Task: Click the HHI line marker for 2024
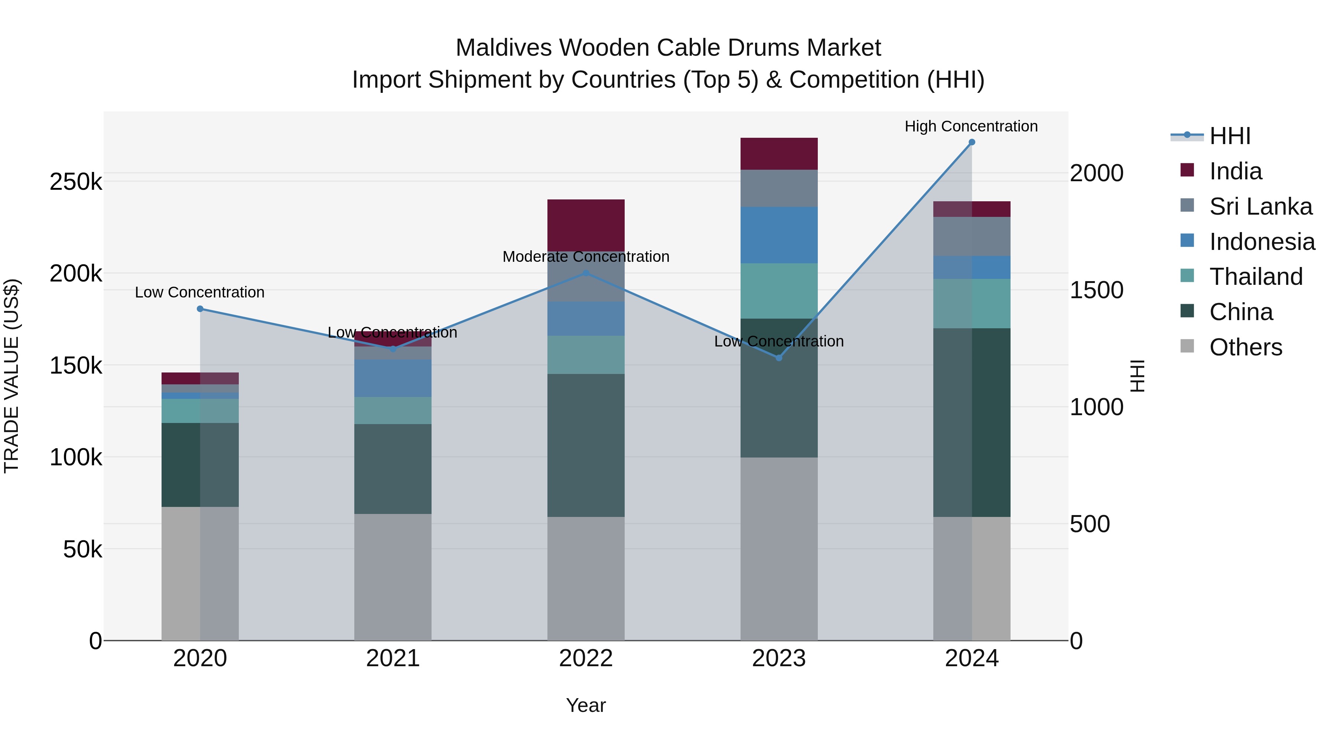[x=972, y=142]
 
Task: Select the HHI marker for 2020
[x=200, y=309]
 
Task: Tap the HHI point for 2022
[x=586, y=273]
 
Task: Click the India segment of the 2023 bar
[x=778, y=154]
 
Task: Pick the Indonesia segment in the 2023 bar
[x=778, y=235]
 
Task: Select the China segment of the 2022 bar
[x=586, y=445]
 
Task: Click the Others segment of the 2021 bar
[x=393, y=577]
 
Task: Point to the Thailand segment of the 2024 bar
[x=972, y=304]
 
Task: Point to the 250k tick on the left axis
[x=76, y=182]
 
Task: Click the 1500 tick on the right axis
[x=1096, y=290]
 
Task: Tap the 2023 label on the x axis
[x=778, y=658]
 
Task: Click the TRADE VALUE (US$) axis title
[x=12, y=376]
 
